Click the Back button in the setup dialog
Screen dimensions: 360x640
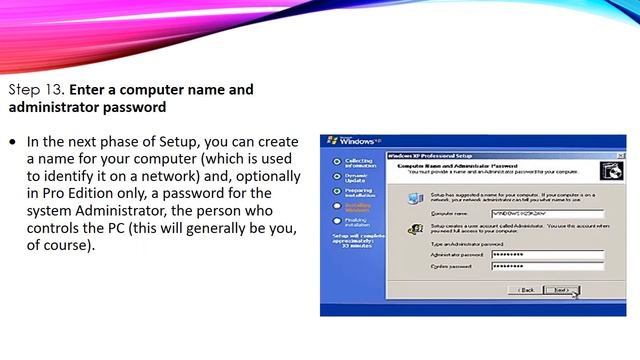tap(526, 290)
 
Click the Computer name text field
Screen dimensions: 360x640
tap(547, 214)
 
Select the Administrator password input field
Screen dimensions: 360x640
tap(547, 256)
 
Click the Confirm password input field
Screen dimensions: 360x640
tap(547, 267)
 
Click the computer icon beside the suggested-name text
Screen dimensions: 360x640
tap(414, 198)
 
